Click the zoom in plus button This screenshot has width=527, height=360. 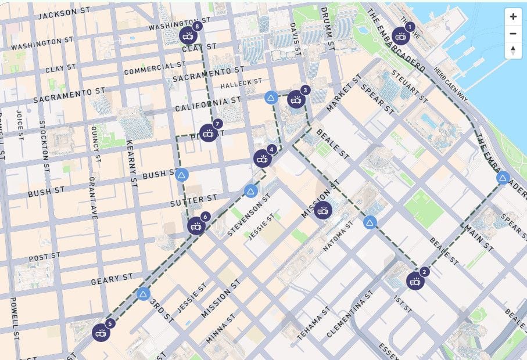pos(512,17)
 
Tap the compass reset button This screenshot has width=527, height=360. pos(512,51)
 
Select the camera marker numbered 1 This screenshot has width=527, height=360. pos(400,37)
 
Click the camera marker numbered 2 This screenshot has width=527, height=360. pos(415,282)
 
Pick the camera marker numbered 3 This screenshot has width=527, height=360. pos(296,100)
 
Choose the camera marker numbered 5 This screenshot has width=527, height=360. pos(101,333)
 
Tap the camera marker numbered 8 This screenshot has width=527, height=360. pos(188,36)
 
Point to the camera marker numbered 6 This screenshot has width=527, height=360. pos(196,226)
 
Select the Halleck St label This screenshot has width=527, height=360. pos(241,84)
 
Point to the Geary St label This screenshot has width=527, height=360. pos(112,280)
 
